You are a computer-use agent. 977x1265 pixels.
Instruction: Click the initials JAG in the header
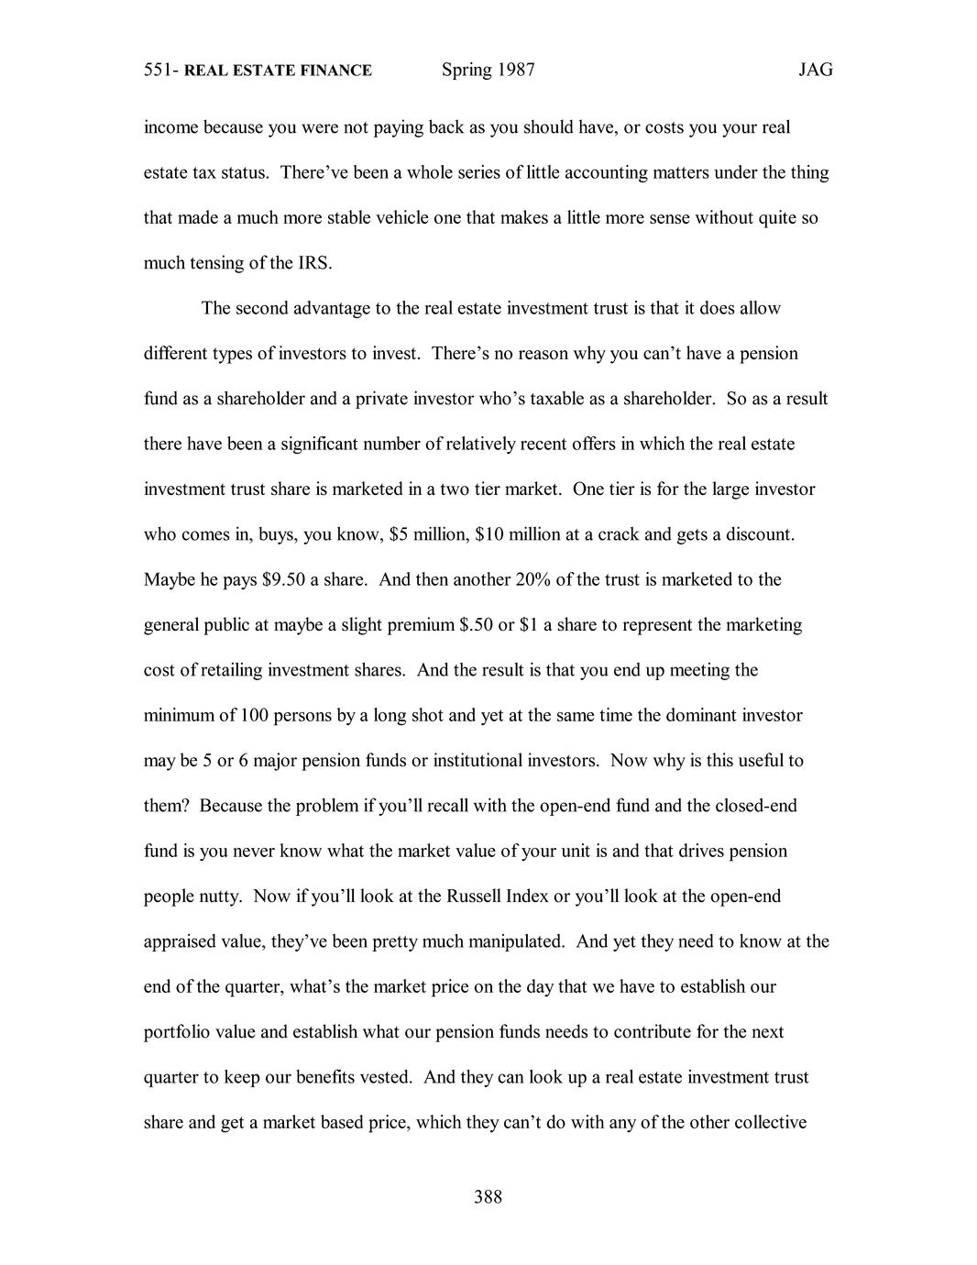tap(815, 70)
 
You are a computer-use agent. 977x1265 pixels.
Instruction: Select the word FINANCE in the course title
tap(336, 71)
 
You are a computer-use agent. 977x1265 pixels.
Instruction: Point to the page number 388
tap(488, 1196)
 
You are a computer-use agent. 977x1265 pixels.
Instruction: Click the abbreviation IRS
tap(314, 263)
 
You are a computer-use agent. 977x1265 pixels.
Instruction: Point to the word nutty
tap(220, 896)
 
